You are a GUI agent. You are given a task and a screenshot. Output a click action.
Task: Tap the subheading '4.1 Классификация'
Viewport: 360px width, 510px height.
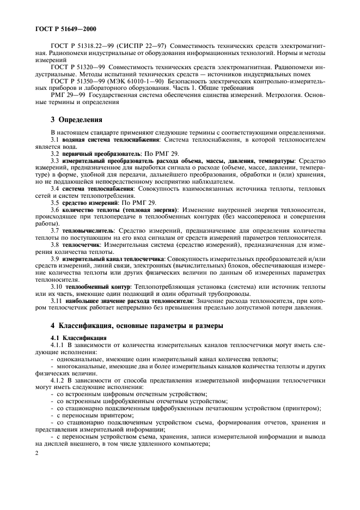78,338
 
